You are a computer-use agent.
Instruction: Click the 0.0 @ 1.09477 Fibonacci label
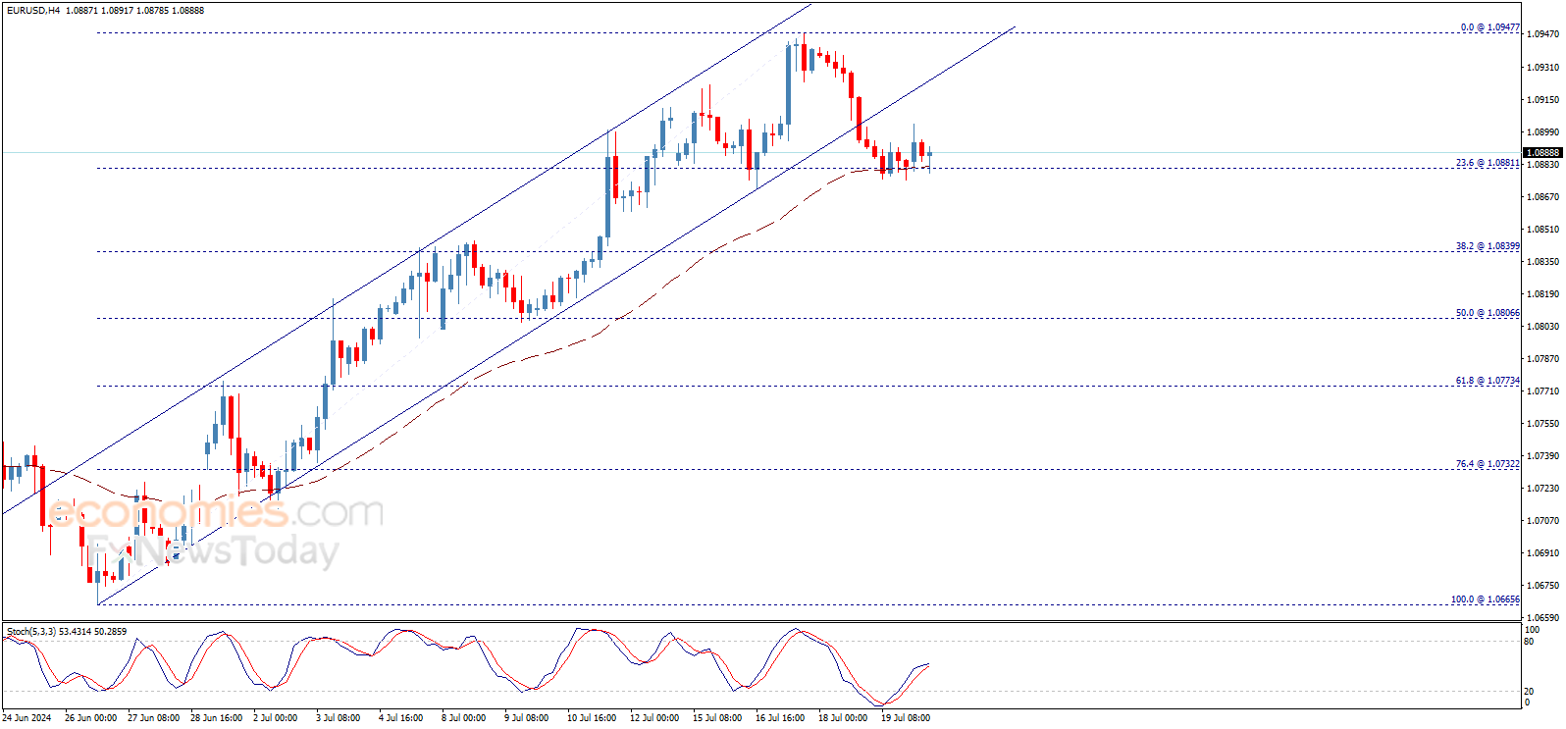point(1489,27)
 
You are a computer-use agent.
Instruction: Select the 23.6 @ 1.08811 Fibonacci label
point(1487,163)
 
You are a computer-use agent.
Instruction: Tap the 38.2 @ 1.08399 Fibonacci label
point(1487,246)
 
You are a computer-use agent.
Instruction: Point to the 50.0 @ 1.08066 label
point(1487,313)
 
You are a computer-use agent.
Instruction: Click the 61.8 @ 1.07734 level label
point(1487,381)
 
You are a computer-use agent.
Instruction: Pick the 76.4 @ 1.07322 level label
point(1487,464)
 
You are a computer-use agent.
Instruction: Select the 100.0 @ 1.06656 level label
point(1485,599)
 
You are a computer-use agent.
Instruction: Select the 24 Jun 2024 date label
point(26,718)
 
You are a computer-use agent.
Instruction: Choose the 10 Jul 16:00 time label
point(592,718)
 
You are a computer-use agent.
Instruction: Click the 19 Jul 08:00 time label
point(905,718)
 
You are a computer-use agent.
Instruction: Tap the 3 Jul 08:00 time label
point(338,718)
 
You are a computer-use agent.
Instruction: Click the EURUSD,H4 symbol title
point(33,10)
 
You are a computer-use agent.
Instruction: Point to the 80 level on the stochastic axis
point(1529,642)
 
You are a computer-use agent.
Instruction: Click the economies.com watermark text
point(216,512)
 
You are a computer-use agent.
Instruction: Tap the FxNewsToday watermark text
point(212,552)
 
